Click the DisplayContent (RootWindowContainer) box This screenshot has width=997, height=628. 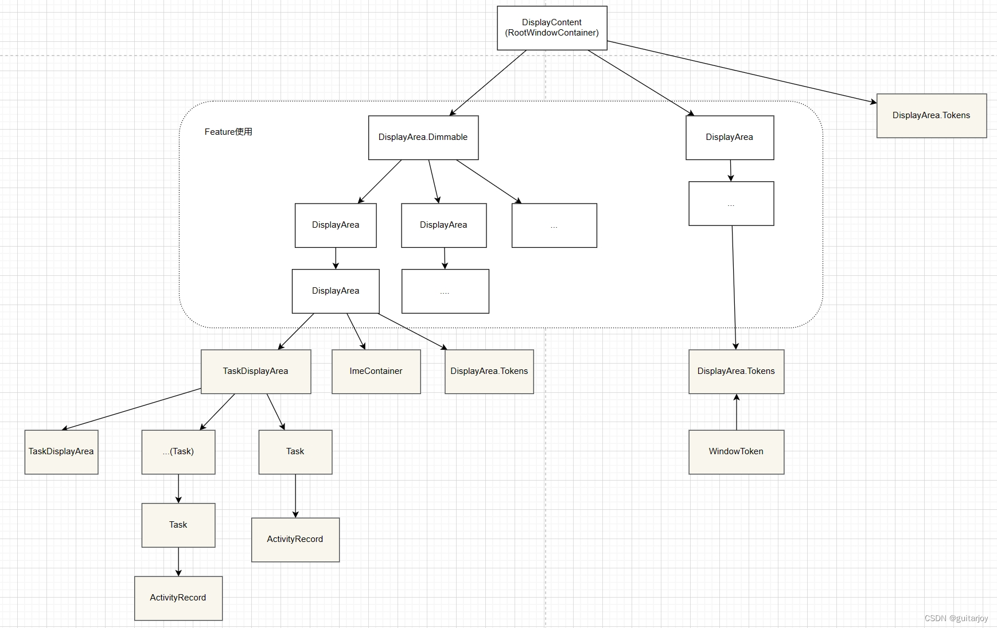pyautogui.click(x=551, y=28)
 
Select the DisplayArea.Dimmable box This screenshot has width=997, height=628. pyautogui.click(x=423, y=138)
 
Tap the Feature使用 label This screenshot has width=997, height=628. pyautogui.click(x=228, y=132)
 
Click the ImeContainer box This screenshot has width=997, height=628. pyautogui.click(x=376, y=372)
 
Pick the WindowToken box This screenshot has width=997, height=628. pyautogui.click(x=736, y=452)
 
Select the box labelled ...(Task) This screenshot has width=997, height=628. pyautogui.click(x=178, y=452)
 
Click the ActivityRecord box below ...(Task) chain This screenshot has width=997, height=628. pyautogui.click(x=178, y=598)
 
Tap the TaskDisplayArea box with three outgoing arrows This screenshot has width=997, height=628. pyautogui.click(x=255, y=372)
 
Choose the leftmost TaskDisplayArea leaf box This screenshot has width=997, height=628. pyautogui.click(x=61, y=452)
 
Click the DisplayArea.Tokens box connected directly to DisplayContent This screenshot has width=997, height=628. pyautogui.click(x=931, y=116)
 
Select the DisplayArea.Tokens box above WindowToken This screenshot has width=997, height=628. pyautogui.click(x=736, y=372)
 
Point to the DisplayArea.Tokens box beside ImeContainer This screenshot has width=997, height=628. pyautogui.click(x=489, y=372)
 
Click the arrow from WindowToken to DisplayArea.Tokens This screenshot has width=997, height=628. pyautogui.click(x=737, y=413)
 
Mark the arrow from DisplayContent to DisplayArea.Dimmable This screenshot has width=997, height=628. pyautogui.click(x=488, y=83)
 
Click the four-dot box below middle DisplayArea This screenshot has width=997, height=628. pyautogui.click(x=445, y=291)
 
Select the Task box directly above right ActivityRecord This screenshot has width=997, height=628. pyautogui.click(x=295, y=452)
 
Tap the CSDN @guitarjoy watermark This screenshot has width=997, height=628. pyautogui.click(x=956, y=618)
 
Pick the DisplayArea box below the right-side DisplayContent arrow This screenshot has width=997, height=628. pyautogui.click(x=730, y=138)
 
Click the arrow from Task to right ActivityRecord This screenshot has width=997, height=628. pyautogui.click(x=295, y=496)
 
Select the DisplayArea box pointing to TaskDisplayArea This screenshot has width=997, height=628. pyautogui.click(x=336, y=291)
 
